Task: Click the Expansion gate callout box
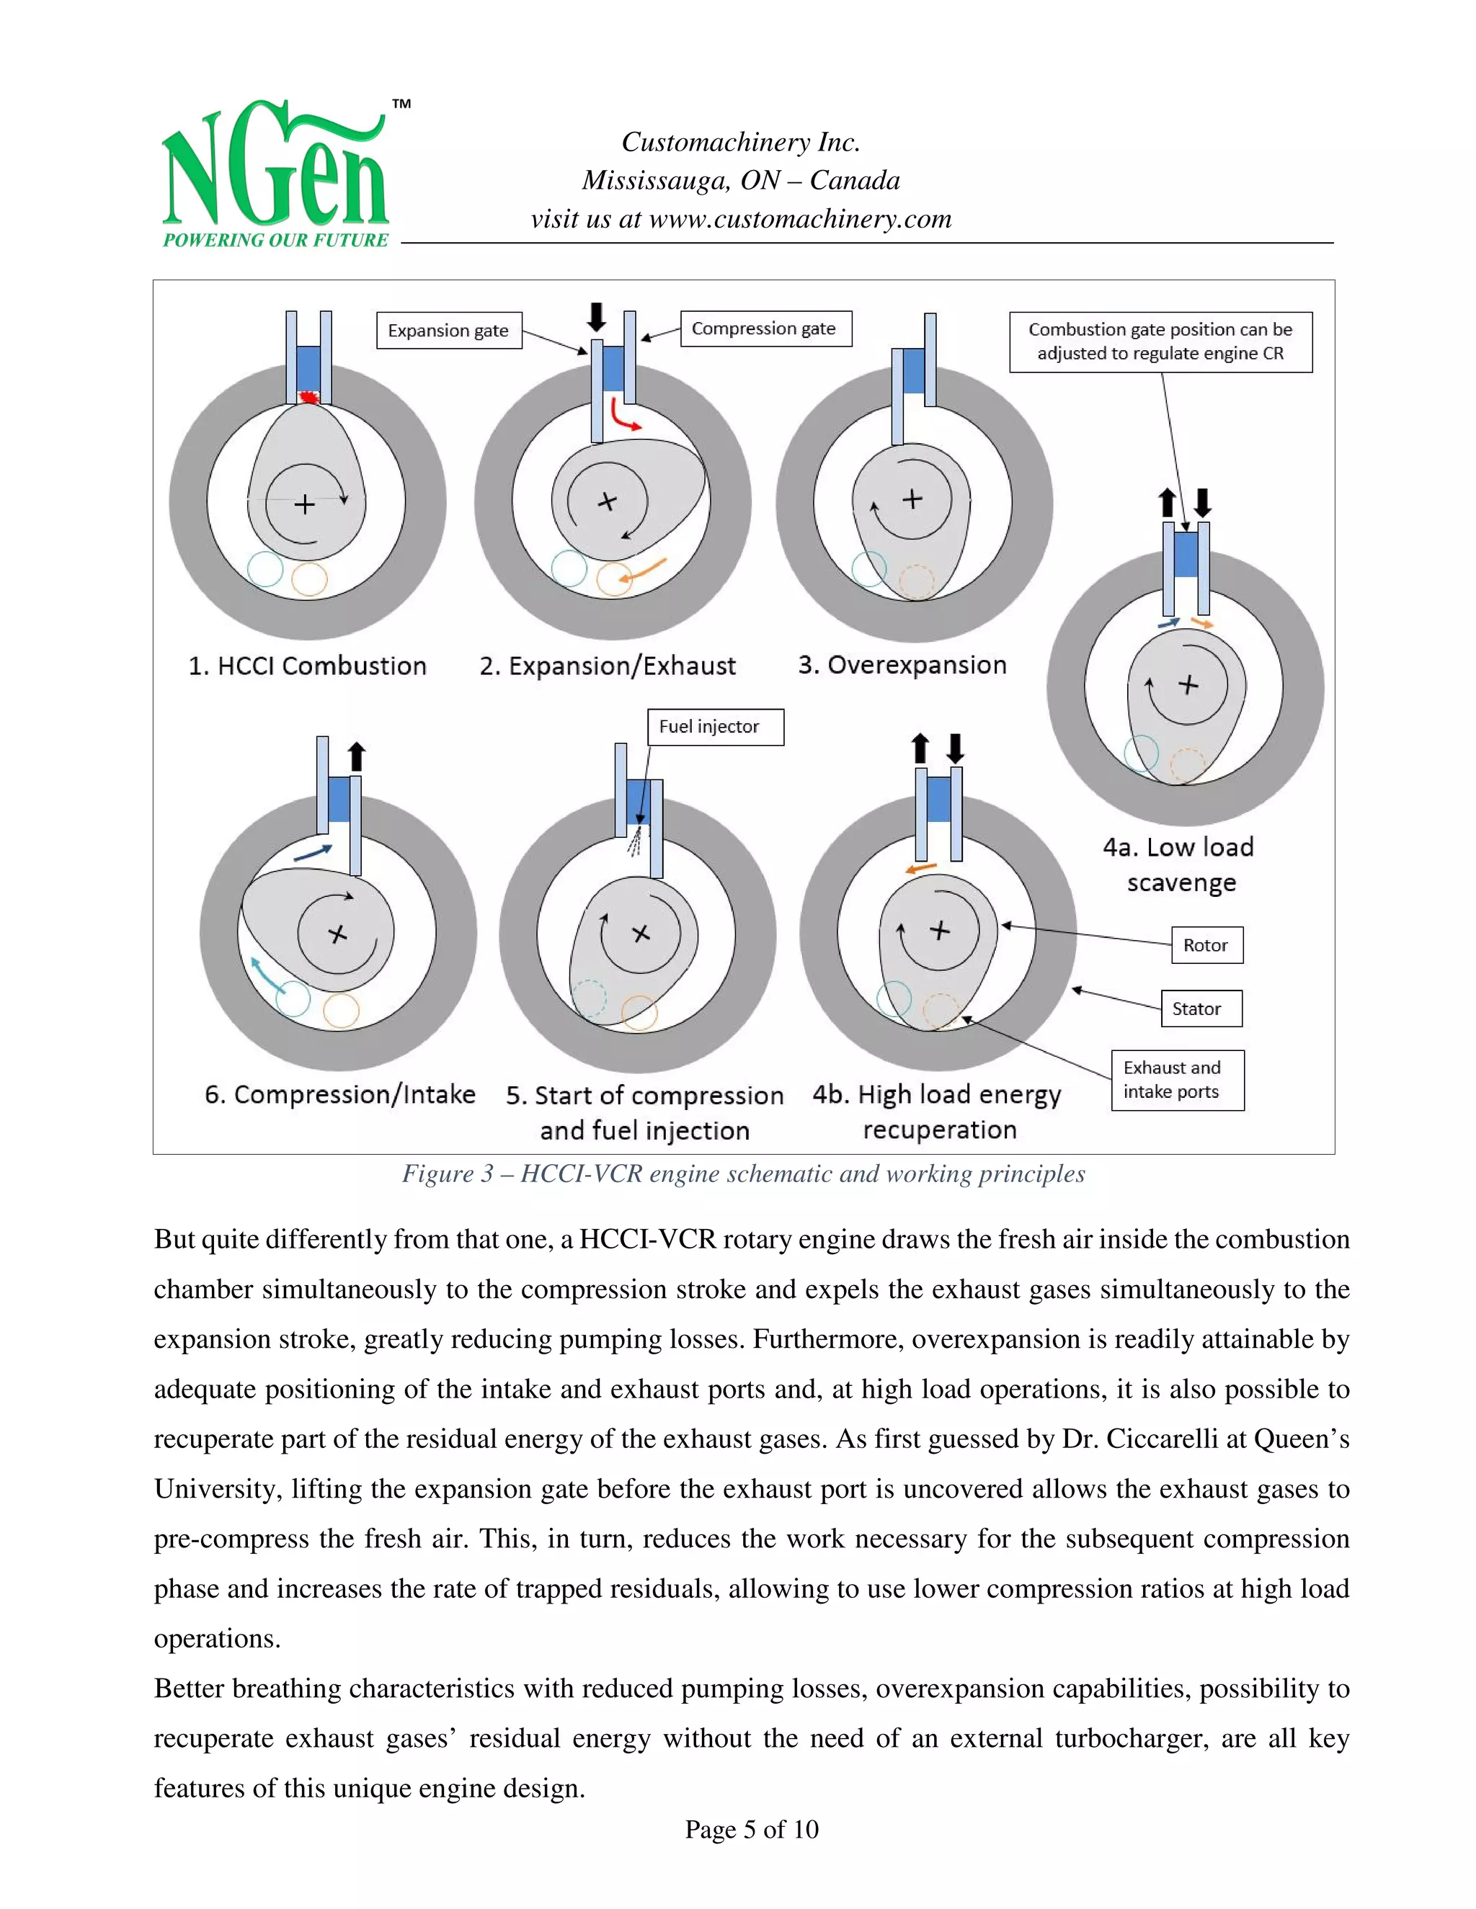[448, 331]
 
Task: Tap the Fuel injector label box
[714, 726]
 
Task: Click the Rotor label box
[1206, 945]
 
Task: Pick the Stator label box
[1201, 1009]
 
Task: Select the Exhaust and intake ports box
[1177, 1080]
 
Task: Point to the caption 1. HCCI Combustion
[307, 666]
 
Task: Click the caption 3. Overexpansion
[902, 665]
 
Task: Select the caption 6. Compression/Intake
[340, 1094]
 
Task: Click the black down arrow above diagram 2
[595, 316]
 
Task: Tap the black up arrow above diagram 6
[356, 757]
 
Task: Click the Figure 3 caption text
[743, 1174]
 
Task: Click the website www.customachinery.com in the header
[799, 220]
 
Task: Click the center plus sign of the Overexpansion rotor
[912, 499]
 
